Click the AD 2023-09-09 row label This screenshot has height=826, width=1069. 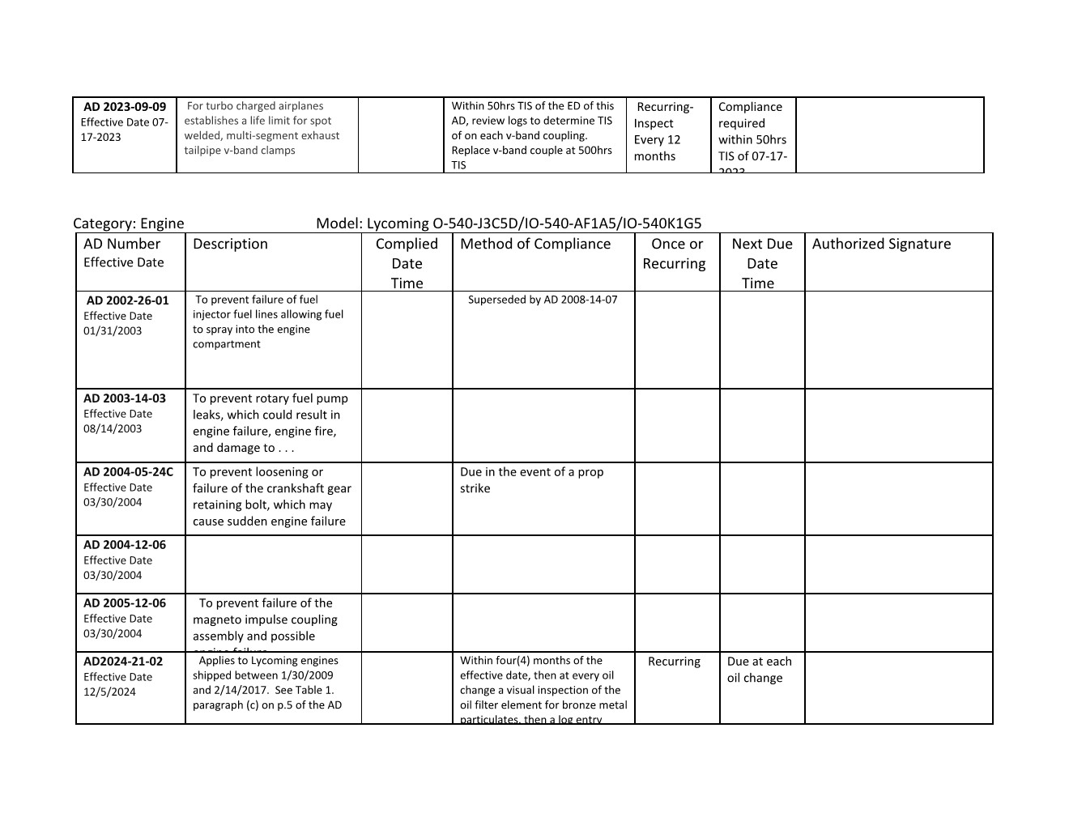(x=125, y=107)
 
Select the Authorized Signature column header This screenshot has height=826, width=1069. (x=881, y=244)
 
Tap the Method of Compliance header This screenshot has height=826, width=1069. (x=535, y=244)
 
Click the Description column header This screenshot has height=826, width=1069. (x=230, y=244)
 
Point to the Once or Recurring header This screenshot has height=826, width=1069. (x=676, y=253)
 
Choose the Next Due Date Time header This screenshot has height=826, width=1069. (x=761, y=263)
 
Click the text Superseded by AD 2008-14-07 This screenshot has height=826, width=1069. (x=543, y=300)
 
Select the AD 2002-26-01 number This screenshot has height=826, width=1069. (x=128, y=300)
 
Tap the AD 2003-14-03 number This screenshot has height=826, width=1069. (x=125, y=398)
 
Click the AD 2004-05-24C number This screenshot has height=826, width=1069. (x=128, y=472)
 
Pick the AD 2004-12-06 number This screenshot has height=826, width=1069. (x=125, y=545)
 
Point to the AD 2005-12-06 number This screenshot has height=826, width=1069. (x=125, y=603)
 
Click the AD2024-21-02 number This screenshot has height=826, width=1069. (x=123, y=662)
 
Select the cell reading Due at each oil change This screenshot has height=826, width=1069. (x=759, y=670)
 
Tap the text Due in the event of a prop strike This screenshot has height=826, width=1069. (x=531, y=480)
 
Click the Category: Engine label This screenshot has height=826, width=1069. (x=129, y=224)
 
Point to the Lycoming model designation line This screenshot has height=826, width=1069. (x=509, y=224)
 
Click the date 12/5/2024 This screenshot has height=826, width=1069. (x=109, y=692)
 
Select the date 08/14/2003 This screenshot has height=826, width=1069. (x=113, y=428)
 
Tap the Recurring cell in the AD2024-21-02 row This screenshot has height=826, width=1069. (x=674, y=662)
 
